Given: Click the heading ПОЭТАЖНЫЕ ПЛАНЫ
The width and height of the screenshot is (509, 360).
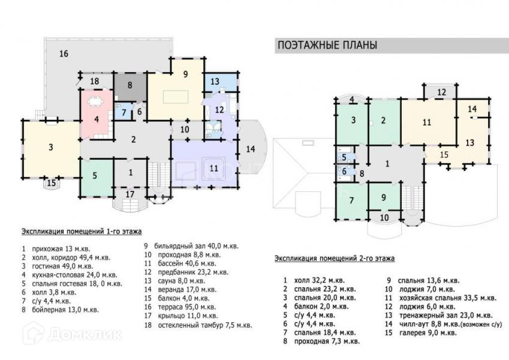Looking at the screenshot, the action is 326,46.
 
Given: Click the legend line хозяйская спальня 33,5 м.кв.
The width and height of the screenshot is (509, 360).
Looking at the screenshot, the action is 441,298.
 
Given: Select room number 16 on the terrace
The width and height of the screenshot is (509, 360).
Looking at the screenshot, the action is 64,54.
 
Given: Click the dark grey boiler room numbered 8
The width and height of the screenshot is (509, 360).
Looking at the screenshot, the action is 129,85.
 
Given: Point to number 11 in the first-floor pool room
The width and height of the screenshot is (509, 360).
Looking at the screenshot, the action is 213,168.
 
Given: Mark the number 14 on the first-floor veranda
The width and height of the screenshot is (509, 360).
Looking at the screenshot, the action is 251,148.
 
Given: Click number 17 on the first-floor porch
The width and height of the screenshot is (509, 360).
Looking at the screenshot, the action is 130,194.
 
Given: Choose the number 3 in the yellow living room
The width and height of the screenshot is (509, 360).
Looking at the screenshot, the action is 52,147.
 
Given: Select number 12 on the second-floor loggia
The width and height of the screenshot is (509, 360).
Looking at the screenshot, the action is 441,92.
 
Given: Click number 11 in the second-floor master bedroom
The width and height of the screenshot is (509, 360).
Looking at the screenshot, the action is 427,122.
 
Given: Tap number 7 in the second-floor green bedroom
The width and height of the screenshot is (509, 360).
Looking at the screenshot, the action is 351,200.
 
